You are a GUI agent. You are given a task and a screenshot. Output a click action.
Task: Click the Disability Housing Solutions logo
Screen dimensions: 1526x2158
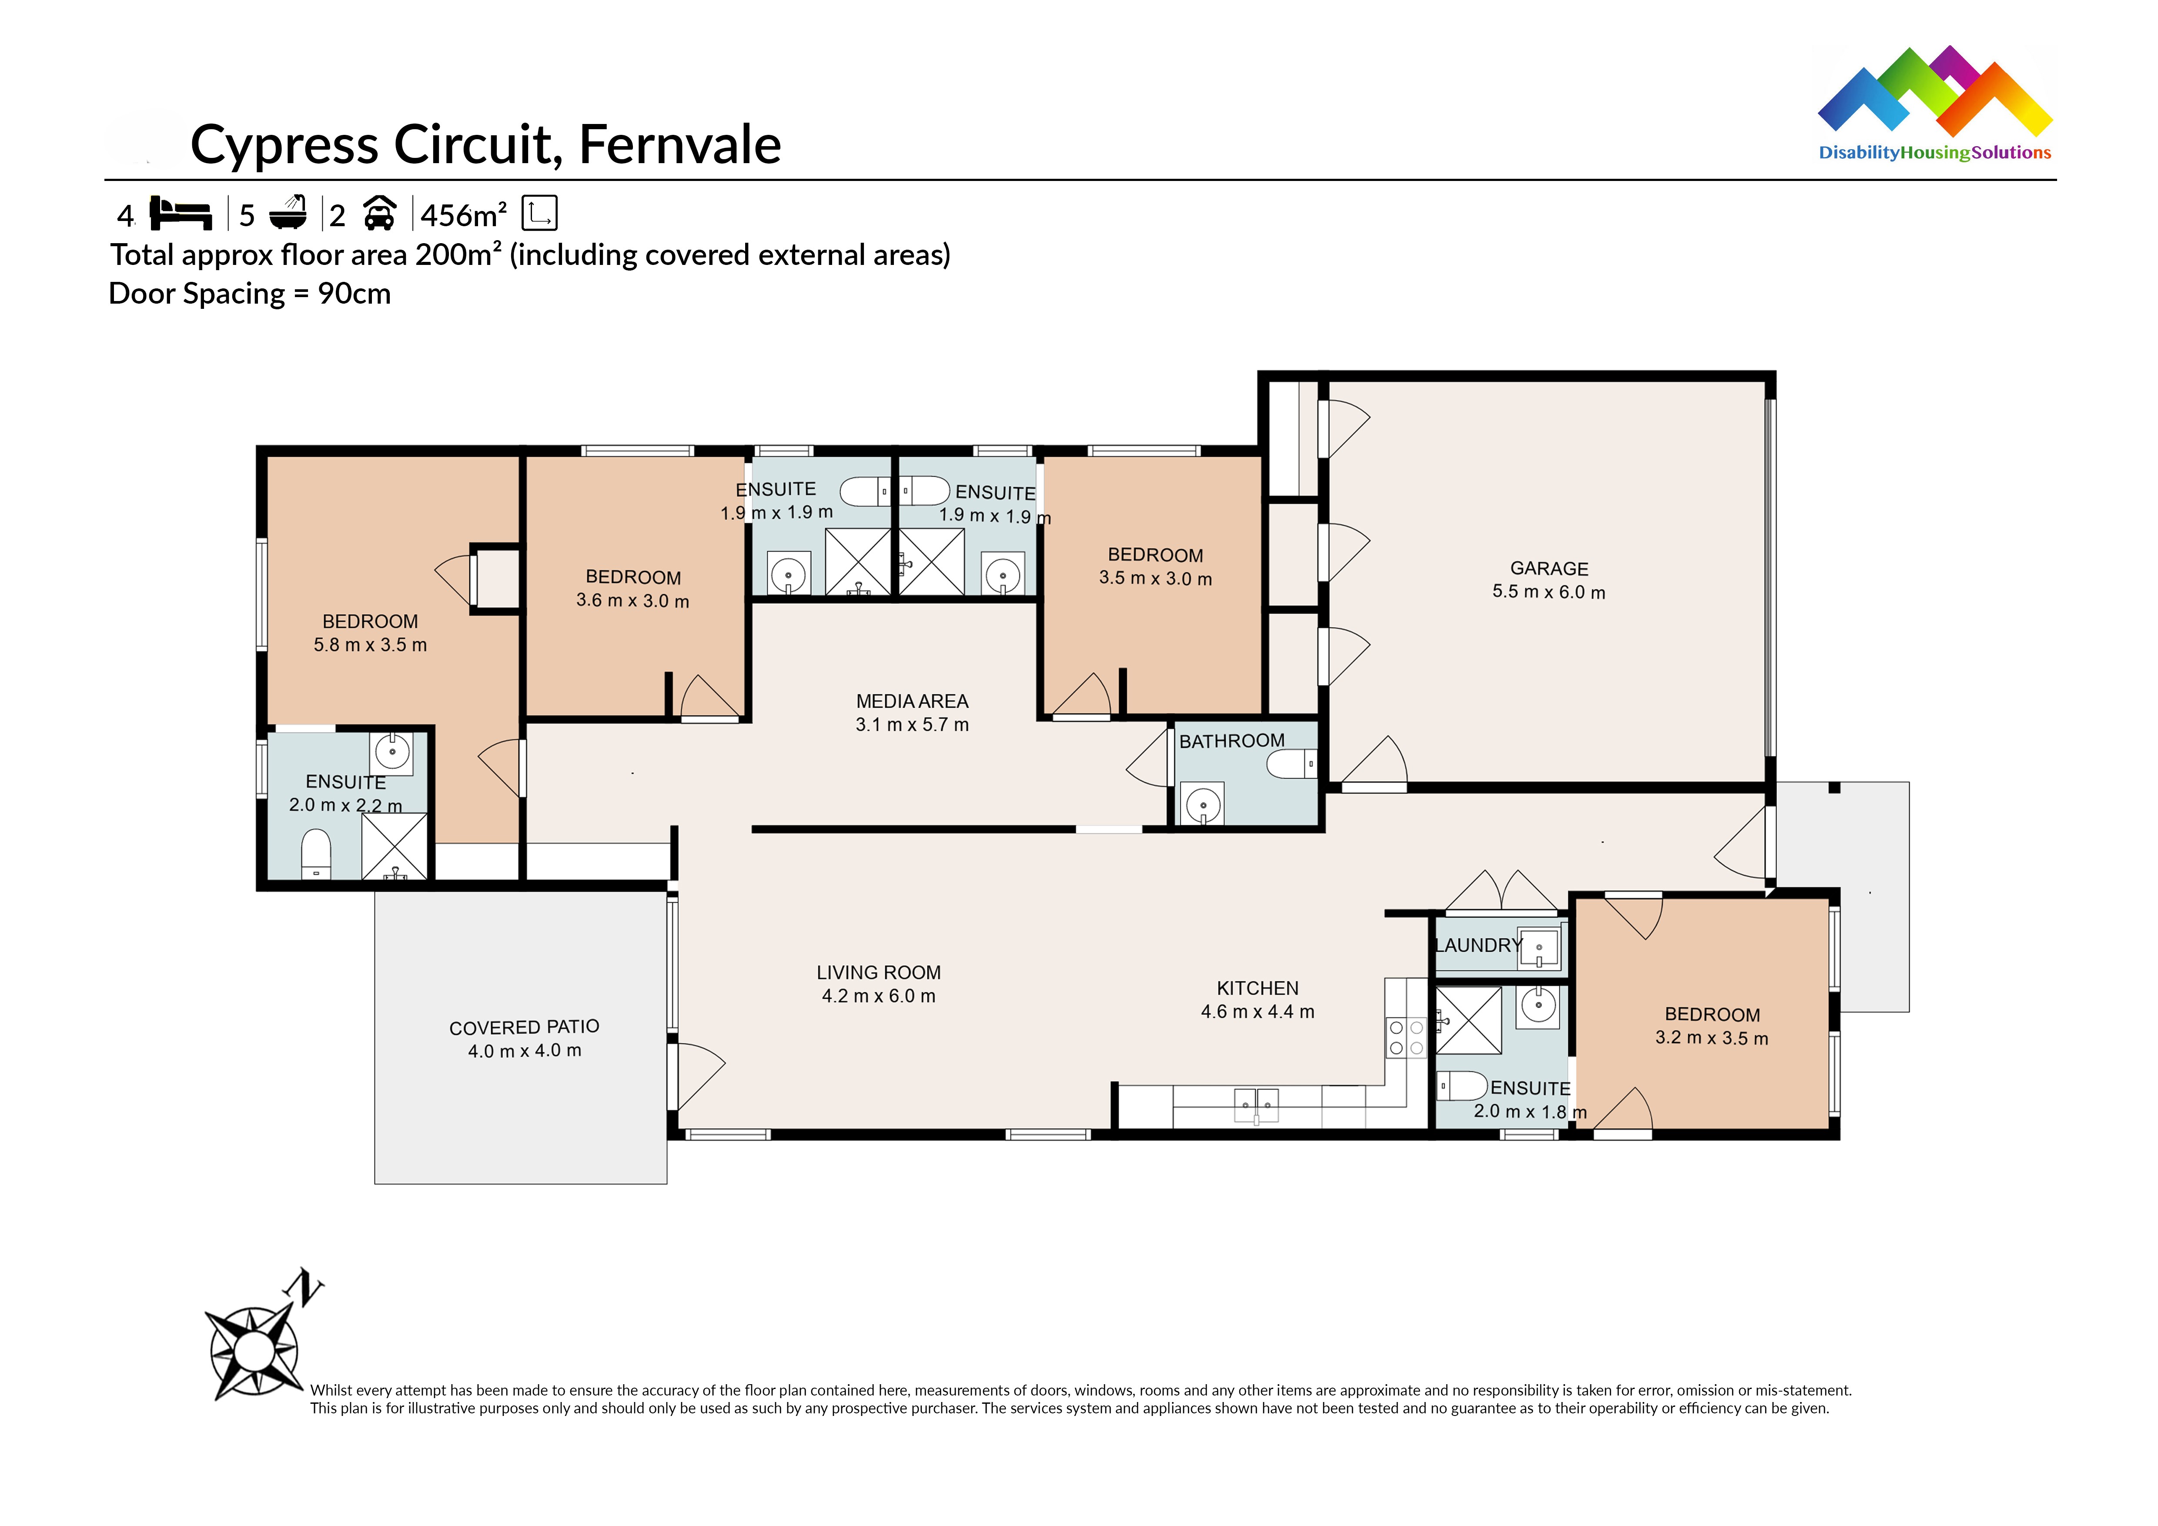1934,104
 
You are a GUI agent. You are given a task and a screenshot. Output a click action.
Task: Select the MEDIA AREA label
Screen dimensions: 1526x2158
912,701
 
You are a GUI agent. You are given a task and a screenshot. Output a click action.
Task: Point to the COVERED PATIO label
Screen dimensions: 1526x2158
524,1027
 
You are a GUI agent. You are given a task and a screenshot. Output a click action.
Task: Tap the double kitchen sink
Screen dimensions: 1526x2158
1256,1105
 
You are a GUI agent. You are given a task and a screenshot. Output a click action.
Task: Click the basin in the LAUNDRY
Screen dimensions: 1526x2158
1539,947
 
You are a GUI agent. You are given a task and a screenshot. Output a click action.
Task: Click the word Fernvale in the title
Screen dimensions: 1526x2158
679,145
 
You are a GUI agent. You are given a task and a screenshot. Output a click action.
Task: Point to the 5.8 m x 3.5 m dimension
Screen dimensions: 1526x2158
370,645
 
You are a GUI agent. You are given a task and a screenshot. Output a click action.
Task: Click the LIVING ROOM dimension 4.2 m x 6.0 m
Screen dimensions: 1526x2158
879,996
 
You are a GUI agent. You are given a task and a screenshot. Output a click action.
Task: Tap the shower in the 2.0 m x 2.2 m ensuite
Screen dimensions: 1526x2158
395,846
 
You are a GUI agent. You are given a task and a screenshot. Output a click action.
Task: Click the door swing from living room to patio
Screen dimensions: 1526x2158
698,1076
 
